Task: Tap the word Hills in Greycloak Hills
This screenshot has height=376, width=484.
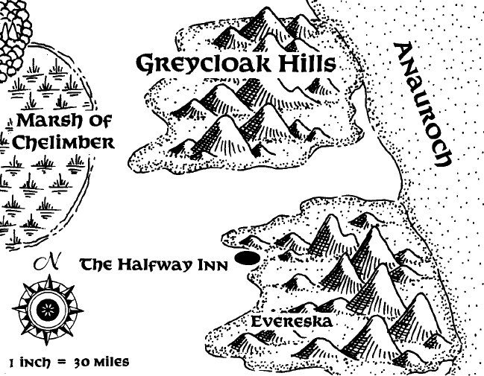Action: point(304,64)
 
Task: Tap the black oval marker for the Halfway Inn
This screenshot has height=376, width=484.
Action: point(247,258)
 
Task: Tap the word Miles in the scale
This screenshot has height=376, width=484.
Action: point(110,363)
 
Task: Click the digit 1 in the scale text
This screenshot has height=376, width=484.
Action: point(13,363)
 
